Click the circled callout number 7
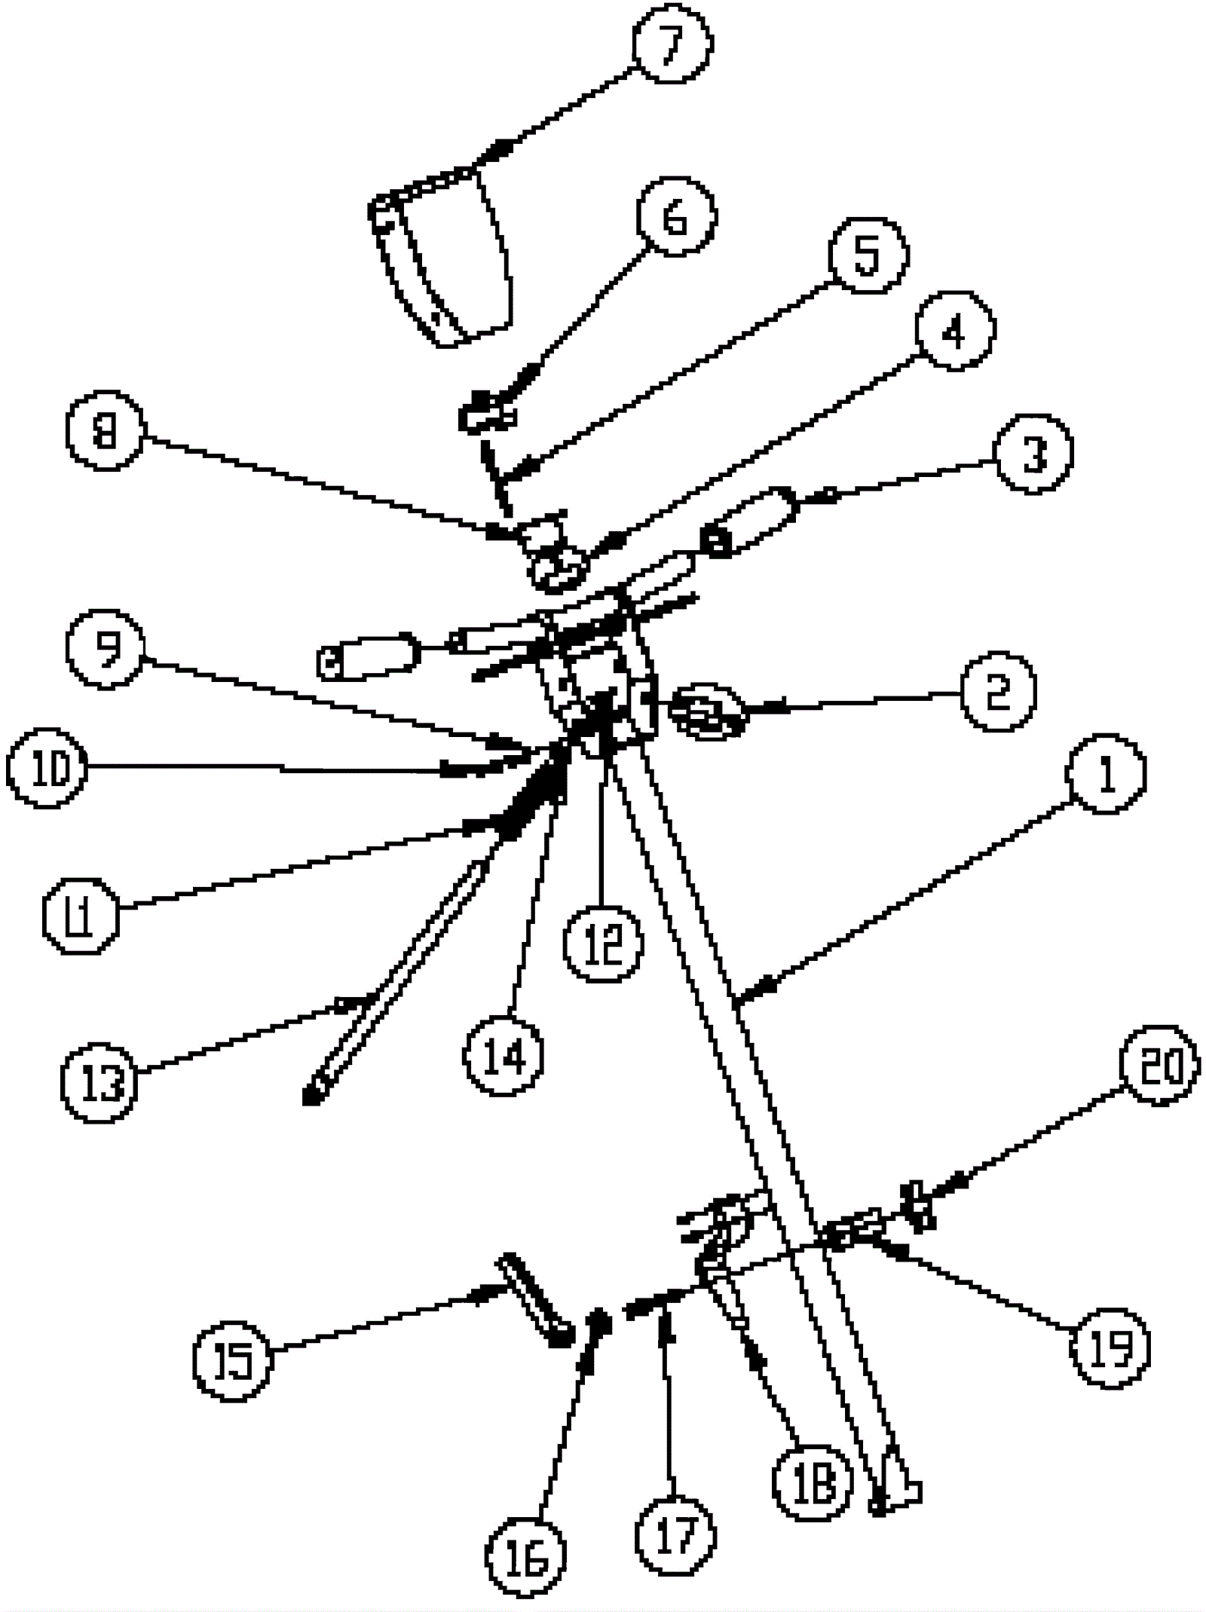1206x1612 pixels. coord(670,43)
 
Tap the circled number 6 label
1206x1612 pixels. coord(675,216)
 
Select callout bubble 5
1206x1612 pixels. coord(868,254)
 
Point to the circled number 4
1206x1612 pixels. coord(955,329)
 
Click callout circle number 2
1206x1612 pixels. coord(998,691)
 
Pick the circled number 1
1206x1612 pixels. coord(1106,774)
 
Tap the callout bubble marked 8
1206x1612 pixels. coord(105,431)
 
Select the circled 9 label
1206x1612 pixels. coord(105,650)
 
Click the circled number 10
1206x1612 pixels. coord(47,769)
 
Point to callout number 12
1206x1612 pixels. coord(603,944)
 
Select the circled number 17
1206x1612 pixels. coord(674,1535)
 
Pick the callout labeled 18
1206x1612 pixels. coord(812,1481)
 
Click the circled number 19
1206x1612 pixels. coord(1110,1347)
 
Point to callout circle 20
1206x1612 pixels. coord(1159,1066)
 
